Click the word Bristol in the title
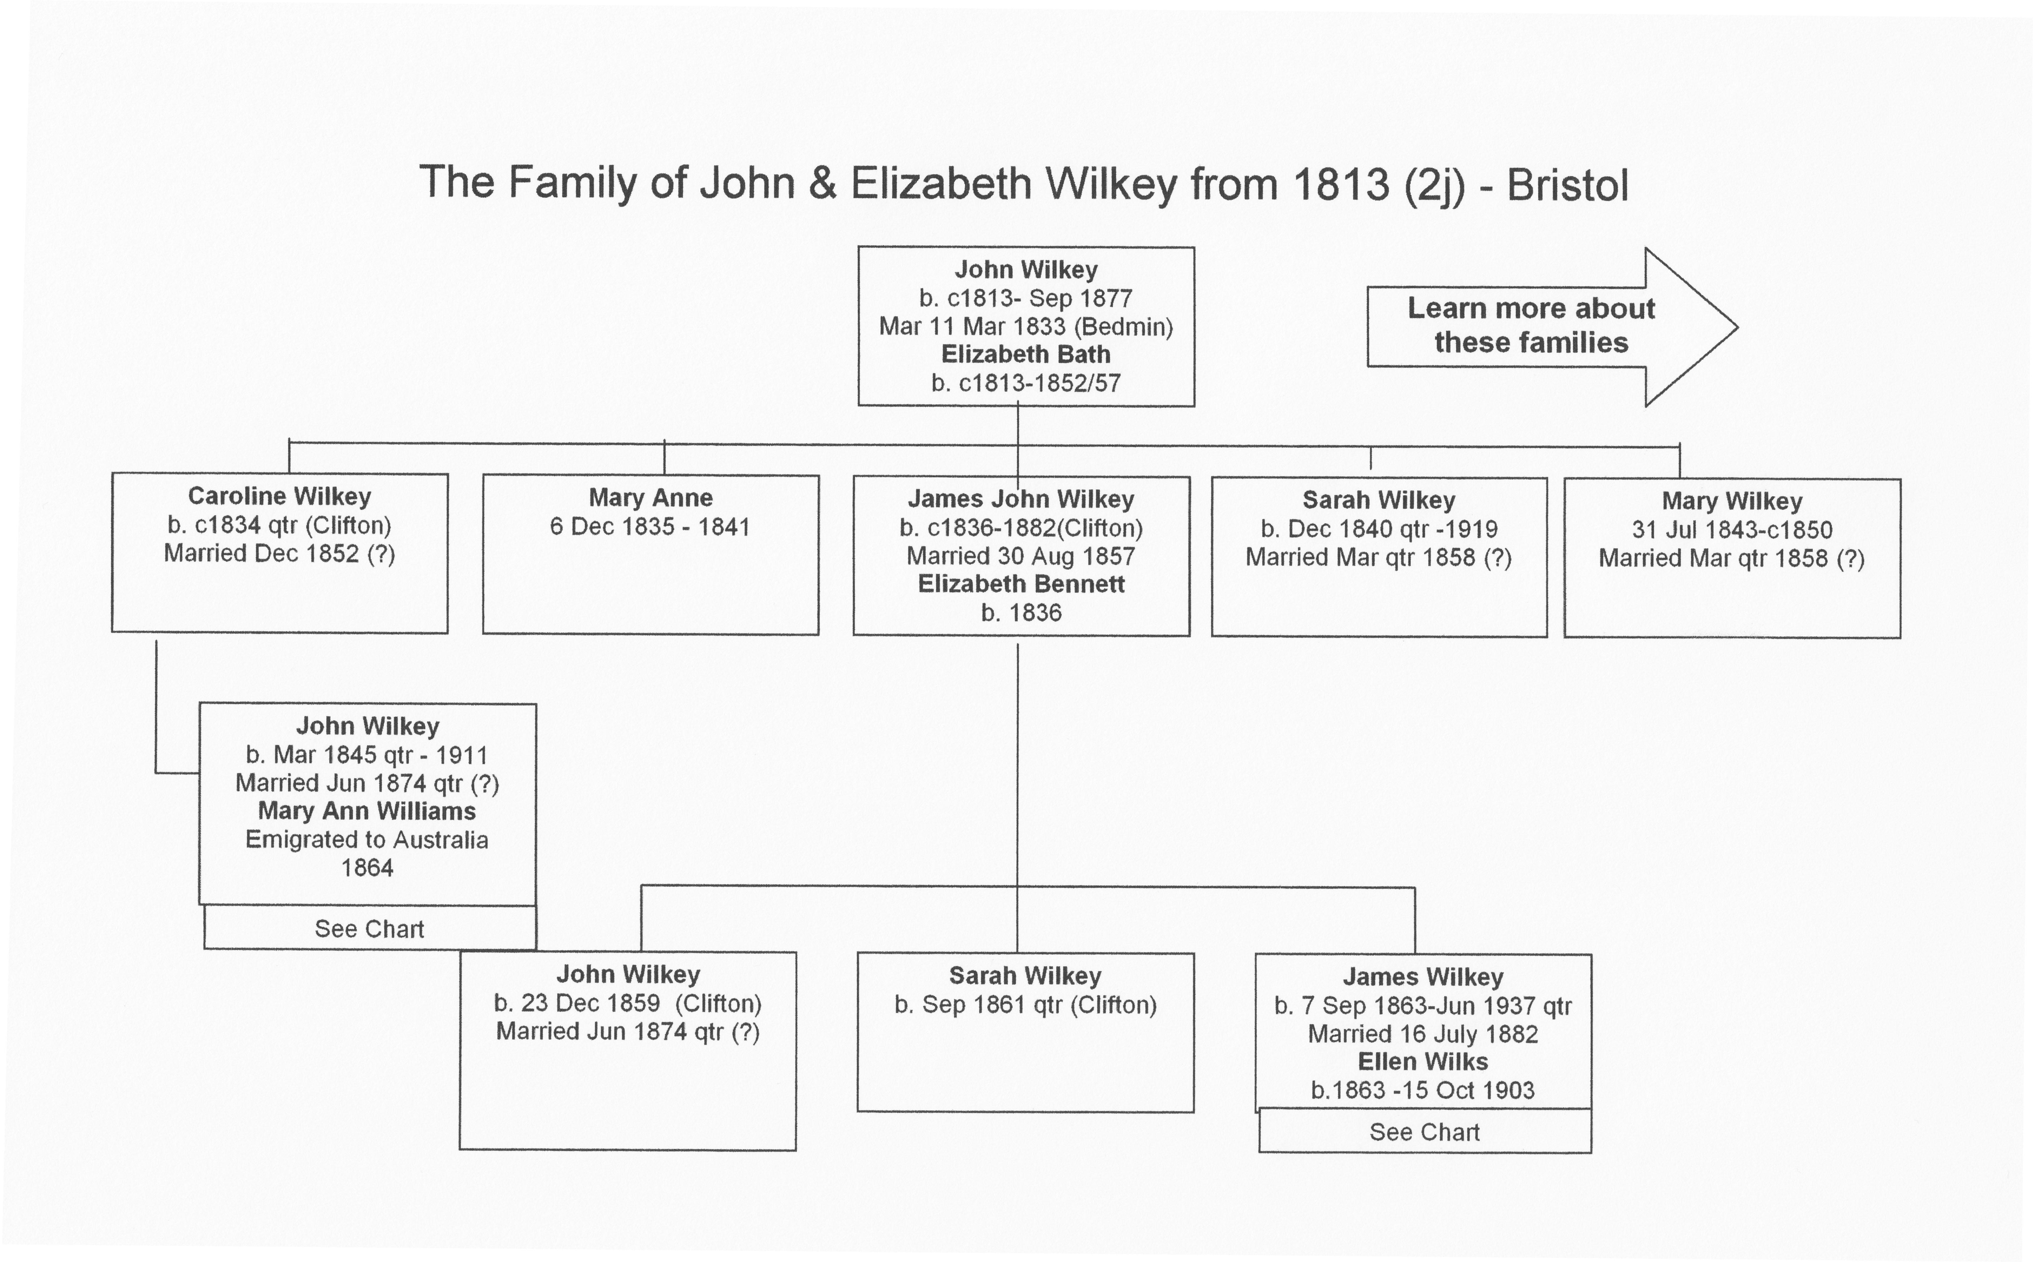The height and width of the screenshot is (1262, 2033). pos(1567,185)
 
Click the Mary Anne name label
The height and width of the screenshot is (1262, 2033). pos(650,497)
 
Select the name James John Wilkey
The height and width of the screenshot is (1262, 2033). pos(1021,499)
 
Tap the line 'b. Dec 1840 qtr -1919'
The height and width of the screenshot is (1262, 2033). pos(1378,528)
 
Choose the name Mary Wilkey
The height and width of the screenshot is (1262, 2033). pos(1732,501)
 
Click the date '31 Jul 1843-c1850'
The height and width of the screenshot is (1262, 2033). pos(1732,530)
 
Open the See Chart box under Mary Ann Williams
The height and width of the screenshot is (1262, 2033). pos(370,928)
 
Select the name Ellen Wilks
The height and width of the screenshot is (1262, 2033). pos(1423,1062)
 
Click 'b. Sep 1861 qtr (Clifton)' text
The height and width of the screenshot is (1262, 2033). pos(1025,1005)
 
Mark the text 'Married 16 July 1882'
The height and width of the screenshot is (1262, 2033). pos(1423,1034)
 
